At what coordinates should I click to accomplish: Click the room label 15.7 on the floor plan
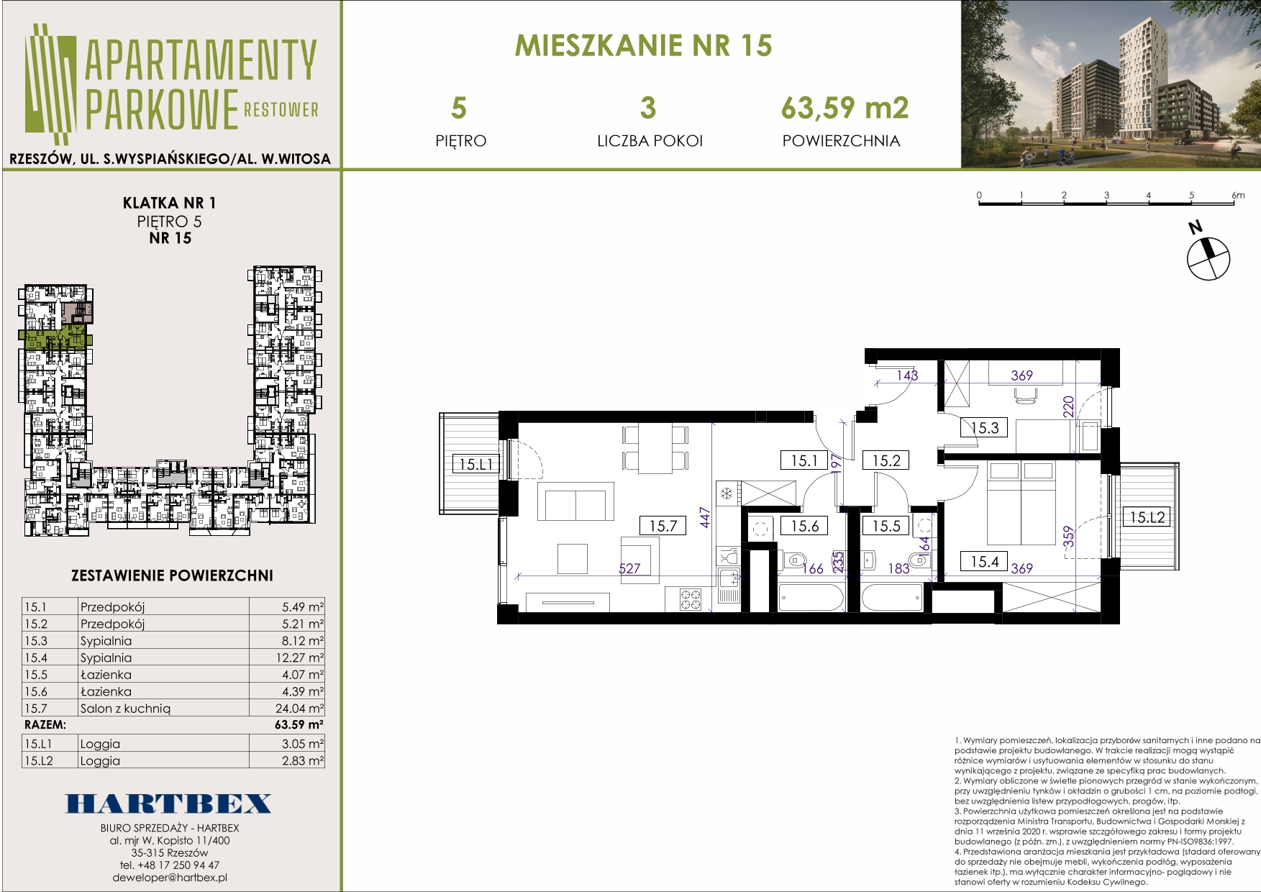(663, 526)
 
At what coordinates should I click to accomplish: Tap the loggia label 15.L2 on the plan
(1147, 517)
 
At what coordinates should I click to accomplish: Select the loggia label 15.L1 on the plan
(476, 465)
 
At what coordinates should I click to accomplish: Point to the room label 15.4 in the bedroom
(984, 562)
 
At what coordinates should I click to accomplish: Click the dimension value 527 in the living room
(629, 568)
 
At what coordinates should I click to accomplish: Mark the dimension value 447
(705, 518)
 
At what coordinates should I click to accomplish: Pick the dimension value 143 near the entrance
(907, 376)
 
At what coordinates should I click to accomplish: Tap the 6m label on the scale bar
(1238, 195)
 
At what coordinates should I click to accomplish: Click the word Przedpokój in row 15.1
(113, 607)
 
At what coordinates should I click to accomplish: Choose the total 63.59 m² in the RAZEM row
(299, 725)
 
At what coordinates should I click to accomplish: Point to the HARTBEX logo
(169, 804)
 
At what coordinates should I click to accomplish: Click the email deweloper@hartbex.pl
(170, 878)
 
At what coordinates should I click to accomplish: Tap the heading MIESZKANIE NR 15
(644, 45)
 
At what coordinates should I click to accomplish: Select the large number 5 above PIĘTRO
(459, 109)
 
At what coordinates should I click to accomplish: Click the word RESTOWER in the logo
(281, 109)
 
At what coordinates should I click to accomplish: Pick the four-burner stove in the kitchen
(691, 599)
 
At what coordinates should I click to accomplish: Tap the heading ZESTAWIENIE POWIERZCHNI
(173, 575)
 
